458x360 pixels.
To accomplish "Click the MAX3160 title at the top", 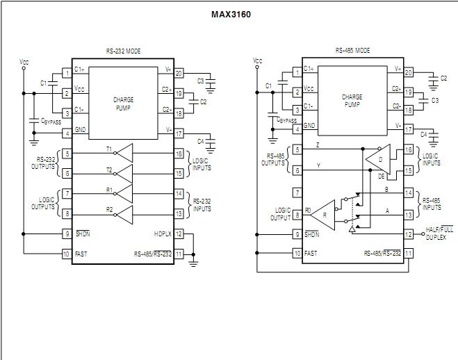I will click(230, 14).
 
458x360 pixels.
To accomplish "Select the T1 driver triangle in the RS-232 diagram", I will click(124, 153).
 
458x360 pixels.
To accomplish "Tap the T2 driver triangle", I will click(124, 173).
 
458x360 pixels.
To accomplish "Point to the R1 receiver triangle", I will click(124, 193).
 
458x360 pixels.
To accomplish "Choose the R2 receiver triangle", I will click(124, 213).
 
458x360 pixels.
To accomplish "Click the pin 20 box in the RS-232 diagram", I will click(179, 72).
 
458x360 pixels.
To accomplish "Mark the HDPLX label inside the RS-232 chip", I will click(163, 234).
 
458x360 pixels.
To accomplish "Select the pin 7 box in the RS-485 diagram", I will click(297, 193).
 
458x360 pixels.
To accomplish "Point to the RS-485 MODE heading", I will click(352, 51).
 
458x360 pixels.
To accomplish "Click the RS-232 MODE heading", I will click(123, 51).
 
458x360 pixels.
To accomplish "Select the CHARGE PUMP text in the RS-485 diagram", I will click(352, 101).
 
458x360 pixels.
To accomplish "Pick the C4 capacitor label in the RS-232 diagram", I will click(201, 141).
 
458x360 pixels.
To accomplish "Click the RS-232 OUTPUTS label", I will click(44, 163).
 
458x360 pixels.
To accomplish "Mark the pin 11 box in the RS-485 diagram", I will click(409, 254).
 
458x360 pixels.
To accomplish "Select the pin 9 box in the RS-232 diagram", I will click(67, 234).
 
